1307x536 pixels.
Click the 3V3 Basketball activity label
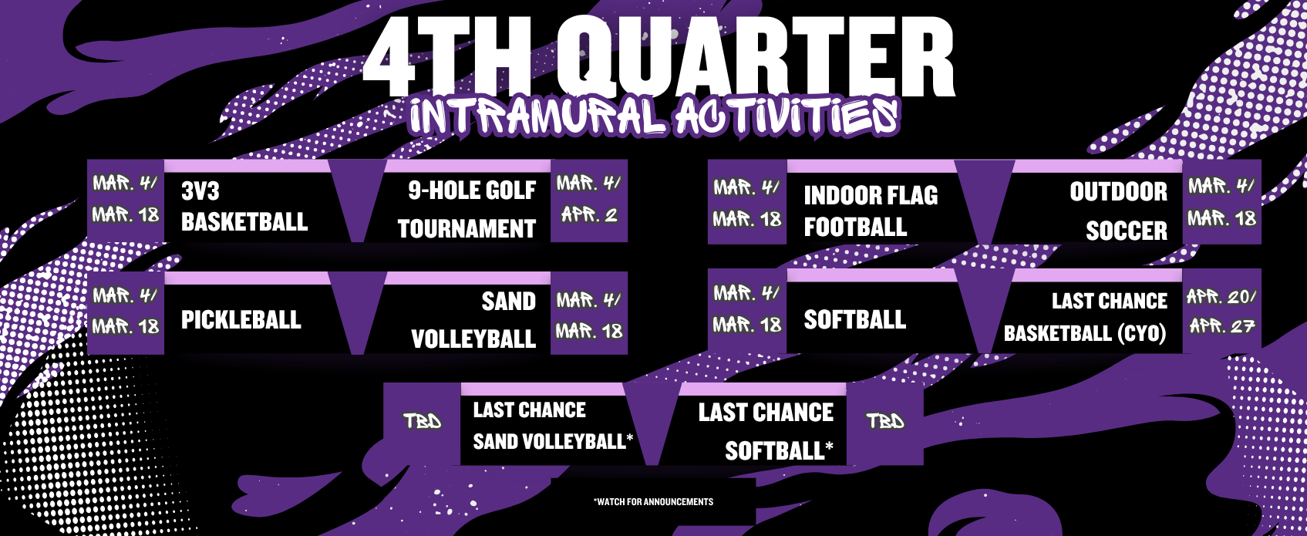tap(244, 207)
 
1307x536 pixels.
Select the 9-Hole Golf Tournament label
tap(467, 209)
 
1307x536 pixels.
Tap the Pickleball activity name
tap(241, 319)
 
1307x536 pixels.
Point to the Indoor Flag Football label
tap(871, 211)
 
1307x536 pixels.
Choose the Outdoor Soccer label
tap(1119, 211)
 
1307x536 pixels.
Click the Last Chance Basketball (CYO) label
tap(1085, 317)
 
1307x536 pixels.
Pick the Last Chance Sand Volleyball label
tap(553, 426)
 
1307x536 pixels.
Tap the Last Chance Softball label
tap(766, 431)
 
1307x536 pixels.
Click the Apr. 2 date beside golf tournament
tap(589, 215)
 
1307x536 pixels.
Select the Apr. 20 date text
tap(1221, 297)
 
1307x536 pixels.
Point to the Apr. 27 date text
tap(1222, 325)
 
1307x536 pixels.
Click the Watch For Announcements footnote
tap(653, 501)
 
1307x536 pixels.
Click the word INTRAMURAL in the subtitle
tap(537, 116)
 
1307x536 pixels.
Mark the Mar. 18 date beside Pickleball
tap(126, 325)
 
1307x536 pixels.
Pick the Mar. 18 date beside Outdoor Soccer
tap(1222, 218)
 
